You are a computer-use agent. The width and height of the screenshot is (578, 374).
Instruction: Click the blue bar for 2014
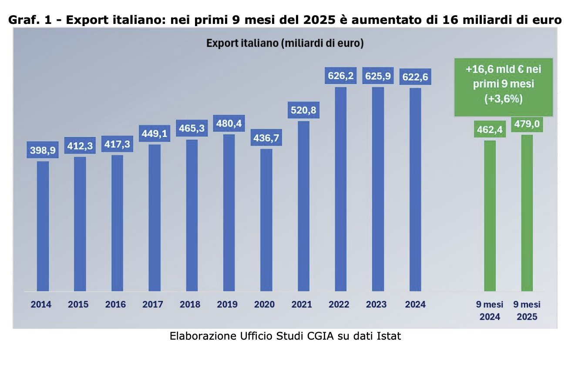(43, 226)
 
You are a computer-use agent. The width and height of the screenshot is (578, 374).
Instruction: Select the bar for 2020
(266, 220)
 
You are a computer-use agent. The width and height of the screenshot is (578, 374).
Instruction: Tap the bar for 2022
(340, 189)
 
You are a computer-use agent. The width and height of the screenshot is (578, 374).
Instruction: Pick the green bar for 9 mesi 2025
(527, 213)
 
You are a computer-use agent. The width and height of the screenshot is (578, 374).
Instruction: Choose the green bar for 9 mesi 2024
(490, 216)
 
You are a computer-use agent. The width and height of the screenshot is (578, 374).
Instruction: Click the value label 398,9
(43, 150)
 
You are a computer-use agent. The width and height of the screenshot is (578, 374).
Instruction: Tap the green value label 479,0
(527, 124)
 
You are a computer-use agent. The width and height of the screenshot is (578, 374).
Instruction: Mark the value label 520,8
(303, 110)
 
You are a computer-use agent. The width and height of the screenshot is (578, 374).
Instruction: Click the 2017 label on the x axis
(153, 304)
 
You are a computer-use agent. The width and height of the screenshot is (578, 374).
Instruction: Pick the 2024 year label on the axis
(415, 304)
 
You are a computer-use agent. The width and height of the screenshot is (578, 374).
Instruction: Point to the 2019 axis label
(227, 304)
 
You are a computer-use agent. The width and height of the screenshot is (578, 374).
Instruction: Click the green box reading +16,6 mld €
(504, 87)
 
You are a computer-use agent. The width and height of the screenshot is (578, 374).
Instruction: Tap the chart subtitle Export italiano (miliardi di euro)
(285, 43)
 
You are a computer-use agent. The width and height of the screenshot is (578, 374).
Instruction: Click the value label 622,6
(415, 77)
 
